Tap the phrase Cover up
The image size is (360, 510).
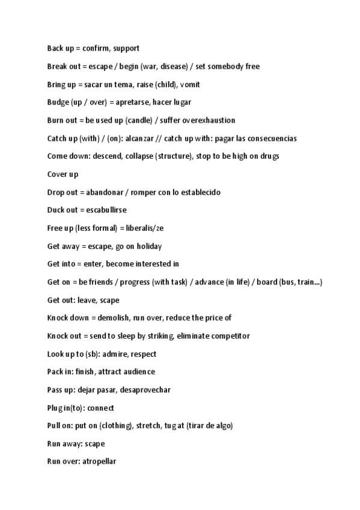coord(63,174)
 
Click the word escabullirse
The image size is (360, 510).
coord(106,210)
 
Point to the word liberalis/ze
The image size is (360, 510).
coord(144,229)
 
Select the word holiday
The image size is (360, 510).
coord(148,246)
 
